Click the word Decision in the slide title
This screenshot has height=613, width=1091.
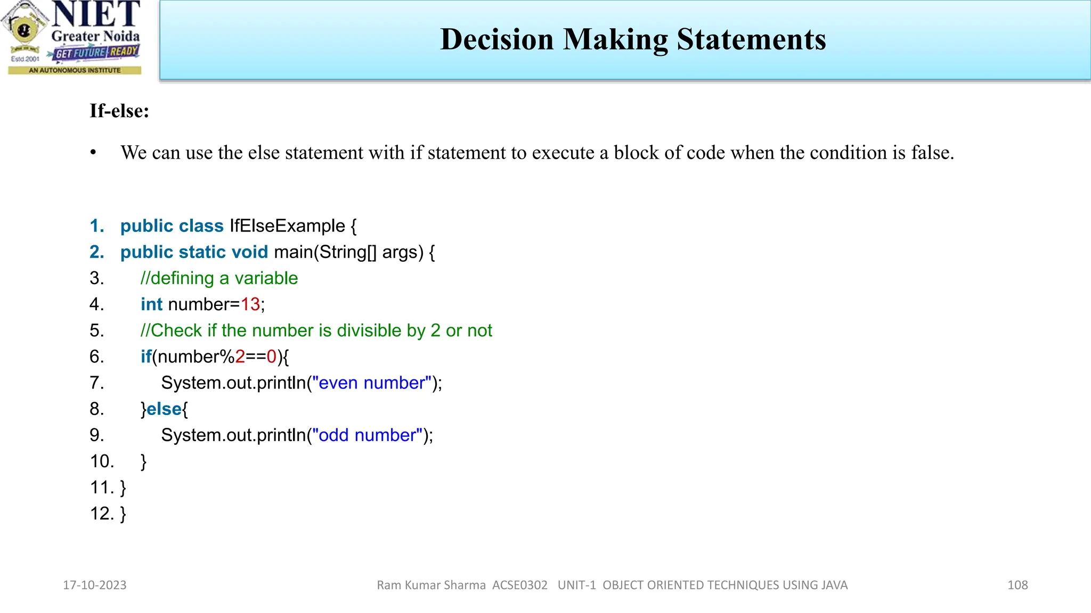click(497, 39)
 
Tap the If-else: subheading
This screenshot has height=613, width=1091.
click(119, 111)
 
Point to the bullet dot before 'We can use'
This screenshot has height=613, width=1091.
click(93, 153)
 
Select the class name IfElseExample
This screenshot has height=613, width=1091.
click(287, 226)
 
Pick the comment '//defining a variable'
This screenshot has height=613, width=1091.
click(219, 278)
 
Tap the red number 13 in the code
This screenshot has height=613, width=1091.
click(250, 304)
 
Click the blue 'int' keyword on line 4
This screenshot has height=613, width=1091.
click(151, 304)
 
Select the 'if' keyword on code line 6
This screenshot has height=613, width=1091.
click(146, 357)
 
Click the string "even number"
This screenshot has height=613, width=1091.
click(372, 383)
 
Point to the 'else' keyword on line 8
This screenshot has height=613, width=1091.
click(164, 409)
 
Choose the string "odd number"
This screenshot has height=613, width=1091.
click(367, 435)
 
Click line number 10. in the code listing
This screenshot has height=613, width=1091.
click(102, 461)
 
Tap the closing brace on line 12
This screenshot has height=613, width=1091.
click(123, 513)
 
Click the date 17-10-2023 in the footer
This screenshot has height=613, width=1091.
click(95, 585)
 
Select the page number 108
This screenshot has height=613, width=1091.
click(1017, 585)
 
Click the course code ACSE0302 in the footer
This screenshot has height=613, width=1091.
click(520, 585)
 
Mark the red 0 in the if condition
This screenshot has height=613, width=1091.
click(272, 357)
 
